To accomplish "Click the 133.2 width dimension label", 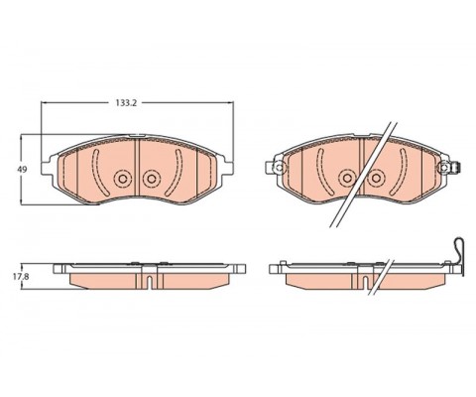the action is point(126,103).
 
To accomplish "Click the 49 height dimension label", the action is point(22,170).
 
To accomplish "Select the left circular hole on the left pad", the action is point(123,179).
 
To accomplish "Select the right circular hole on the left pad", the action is point(152,179).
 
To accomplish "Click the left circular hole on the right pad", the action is point(347,179).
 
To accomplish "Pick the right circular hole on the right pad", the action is point(376,179).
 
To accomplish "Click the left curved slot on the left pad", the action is point(99,173).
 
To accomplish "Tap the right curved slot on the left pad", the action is point(175,173).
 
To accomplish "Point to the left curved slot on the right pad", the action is point(323,172).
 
